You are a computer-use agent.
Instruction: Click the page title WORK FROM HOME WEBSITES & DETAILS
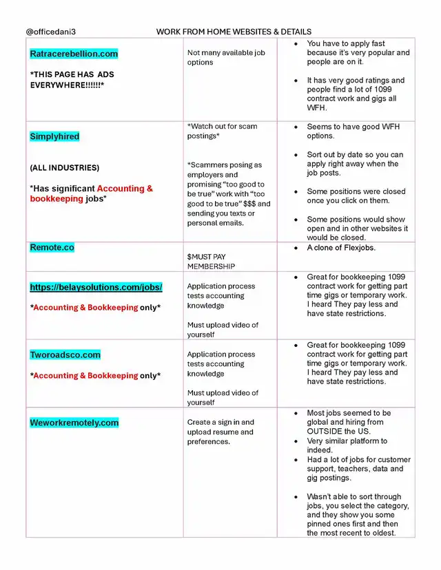tap(234, 32)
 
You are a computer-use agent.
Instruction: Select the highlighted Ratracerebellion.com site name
tap(74, 54)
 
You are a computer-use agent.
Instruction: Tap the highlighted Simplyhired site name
tap(54, 136)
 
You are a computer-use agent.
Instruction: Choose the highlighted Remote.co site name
tap(52, 247)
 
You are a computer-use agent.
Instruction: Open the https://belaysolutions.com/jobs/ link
tap(96, 287)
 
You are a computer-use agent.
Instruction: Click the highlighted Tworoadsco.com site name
tap(65, 355)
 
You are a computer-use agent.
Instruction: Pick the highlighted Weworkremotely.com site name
tap(74, 423)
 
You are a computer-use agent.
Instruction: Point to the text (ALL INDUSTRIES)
tap(64, 168)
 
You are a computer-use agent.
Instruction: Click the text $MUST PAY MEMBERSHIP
tap(211, 262)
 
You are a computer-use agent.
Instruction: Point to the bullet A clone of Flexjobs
tap(351, 248)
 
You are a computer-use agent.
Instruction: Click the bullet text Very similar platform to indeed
tap(347, 445)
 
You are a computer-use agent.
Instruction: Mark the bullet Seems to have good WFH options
tap(353, 131)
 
